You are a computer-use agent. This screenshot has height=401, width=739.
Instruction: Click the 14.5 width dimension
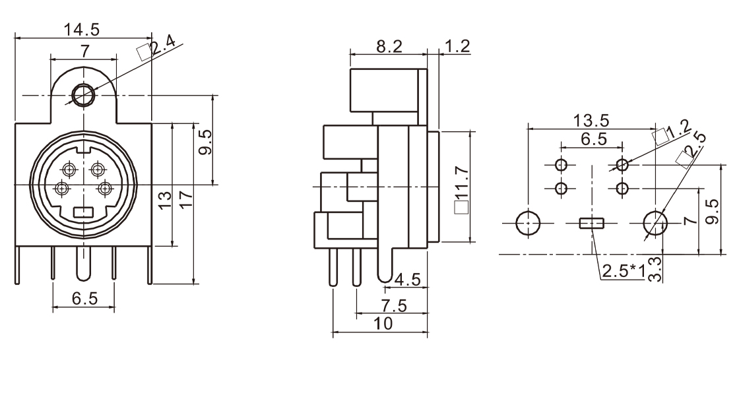tap(82, 30)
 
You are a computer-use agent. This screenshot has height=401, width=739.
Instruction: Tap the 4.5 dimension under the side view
tap(406, 280)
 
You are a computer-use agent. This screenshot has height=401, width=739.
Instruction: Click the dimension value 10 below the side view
tap(383, 323)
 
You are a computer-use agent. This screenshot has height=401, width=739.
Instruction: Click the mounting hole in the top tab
tap(83, 96)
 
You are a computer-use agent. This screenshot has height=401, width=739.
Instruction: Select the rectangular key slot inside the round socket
tap(83, 212)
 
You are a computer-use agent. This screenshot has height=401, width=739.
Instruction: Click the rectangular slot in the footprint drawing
tap(592, 223)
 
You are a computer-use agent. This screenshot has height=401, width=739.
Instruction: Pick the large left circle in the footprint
tap(529, 223)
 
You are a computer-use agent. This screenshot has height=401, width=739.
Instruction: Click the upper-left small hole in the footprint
tap(562, 164)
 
